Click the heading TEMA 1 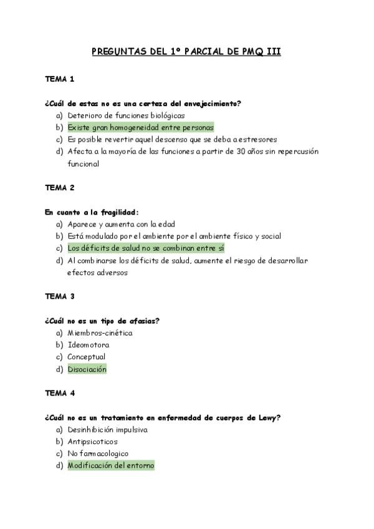(x=60, y=79)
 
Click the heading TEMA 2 (x=60, y=187)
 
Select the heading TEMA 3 (x=60, y=296)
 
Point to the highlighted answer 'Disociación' (x=87, y=369)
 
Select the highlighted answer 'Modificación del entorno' (x=111, y=465)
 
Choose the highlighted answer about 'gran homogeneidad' (x=140, y=127)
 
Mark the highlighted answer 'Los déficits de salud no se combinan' (x=145, y=248)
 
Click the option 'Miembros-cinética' (x=100, y=332)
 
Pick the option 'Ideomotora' (x=88, y=345)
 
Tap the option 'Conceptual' (x=86, y=357)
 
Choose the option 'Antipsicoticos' (x=92, y=442)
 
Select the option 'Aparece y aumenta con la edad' (x=121, y=224)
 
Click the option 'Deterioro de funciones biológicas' (x=126, y=115)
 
